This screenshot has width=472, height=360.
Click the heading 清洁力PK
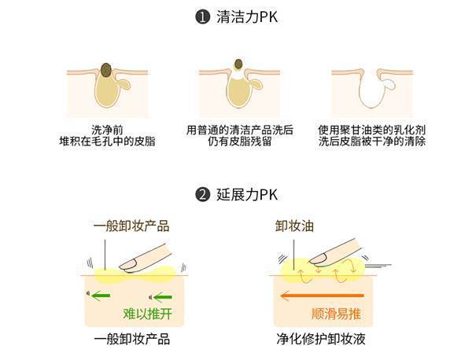pos(247,17)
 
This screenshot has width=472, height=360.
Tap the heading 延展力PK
pos(247,195)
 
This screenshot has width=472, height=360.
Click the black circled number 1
pos(203,17)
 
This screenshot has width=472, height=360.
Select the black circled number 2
pos(203,195)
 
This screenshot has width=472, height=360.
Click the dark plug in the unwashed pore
pos(106,70)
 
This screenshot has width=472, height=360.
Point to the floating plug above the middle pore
pos(238,64)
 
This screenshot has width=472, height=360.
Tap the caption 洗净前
pos(108,130)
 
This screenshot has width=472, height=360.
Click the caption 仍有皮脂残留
pos(240,141)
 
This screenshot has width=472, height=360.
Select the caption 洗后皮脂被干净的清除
pos(372,141)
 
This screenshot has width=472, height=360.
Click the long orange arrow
pos(322,296)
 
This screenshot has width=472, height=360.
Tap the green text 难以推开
pos(148,314)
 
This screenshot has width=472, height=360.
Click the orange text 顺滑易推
pos(336,314)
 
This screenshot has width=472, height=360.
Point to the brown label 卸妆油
pos(294,226)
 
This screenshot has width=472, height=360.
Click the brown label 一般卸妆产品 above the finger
pos(131,226)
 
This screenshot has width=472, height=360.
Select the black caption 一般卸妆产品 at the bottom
pos(132,340)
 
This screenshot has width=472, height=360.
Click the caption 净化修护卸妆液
pos(321,340)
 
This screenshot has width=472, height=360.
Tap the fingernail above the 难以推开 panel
pos(128,265)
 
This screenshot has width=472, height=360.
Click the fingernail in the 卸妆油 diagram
pos(317,259)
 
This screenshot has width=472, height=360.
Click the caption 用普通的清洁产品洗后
pos(240,130)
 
